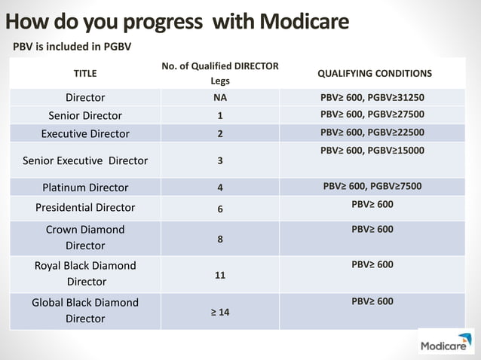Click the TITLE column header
tap(85, 74)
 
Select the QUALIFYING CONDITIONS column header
tap(375, 74)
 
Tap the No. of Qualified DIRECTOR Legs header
tap(220, 74)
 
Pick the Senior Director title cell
tap(85, 116)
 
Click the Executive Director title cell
tap(85, 134)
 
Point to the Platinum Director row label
tap(85, 188)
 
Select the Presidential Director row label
tap(85, 208)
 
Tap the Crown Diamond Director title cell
tap(85, 237)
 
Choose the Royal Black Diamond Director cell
tap(85, 273)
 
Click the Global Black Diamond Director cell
tap(85, 310)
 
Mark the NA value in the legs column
tap(220, 98)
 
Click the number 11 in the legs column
tap(220, 276)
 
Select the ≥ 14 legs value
tap(220, 312)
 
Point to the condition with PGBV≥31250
tap(372, 98)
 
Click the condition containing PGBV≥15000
tap(372, 151)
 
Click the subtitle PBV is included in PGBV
tap(72, 47)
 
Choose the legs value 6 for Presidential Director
tap(220, 209)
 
